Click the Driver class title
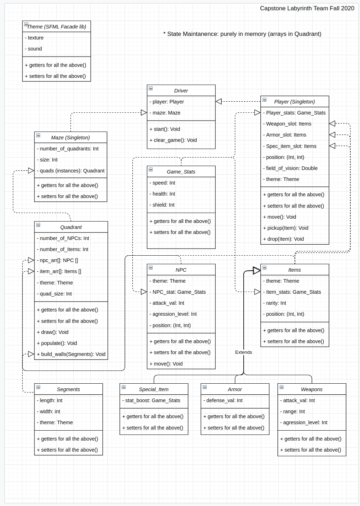(x=181, y=91)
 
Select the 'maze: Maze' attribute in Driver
(x=166, y=113)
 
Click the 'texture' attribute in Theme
(x=36, y=38)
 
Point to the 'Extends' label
(x=243, y=352)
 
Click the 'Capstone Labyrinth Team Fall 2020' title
(x=307, y=8)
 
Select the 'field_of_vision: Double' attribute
(x=292, y=168)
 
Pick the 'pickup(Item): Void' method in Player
(x=287, y=228)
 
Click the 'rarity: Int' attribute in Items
(x=276, y=303)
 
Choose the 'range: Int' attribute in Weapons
(x=294, y=411)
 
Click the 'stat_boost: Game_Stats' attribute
(x=153, y=400)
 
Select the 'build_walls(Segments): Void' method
(x=73, y=354)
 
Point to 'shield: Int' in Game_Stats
(x=163, y=205)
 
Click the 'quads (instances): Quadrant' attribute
(x=72, y=171)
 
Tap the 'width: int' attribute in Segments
(x=50, y=411)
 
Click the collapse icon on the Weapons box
(x=281, y=387)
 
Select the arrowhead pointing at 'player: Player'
(x=219, y=101)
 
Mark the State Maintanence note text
(x=242, y=34)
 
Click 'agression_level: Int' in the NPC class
(x=174, y=314)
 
